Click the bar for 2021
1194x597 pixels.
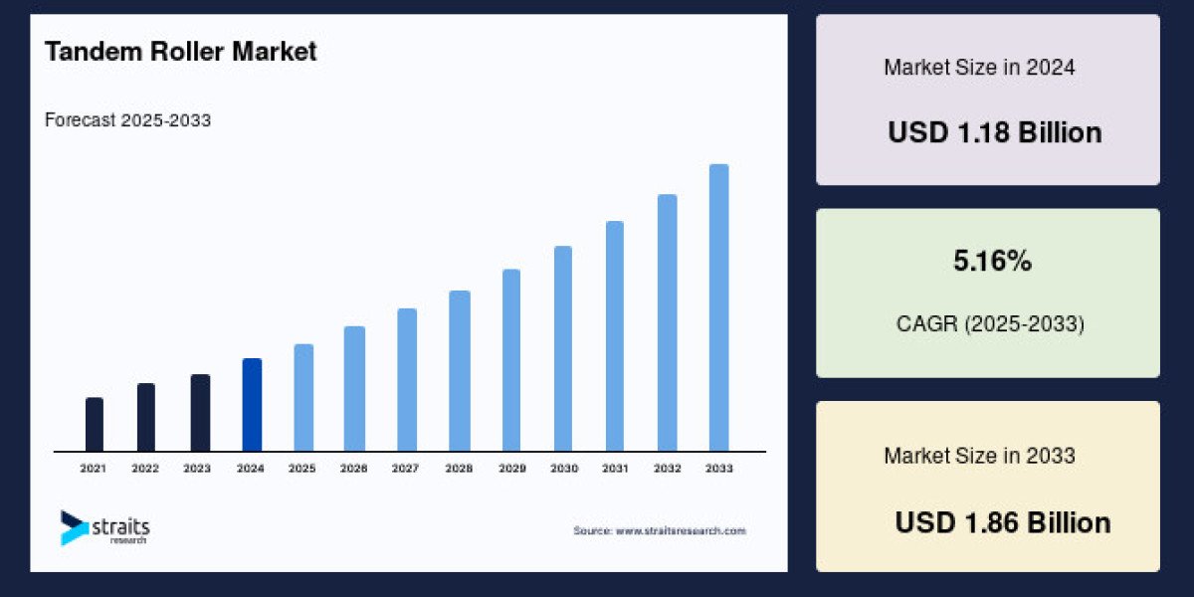95,425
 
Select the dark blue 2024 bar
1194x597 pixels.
252,405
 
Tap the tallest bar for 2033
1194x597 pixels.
718,307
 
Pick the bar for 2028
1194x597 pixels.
459,371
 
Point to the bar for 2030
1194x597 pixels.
563,348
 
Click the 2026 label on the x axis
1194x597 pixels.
354,468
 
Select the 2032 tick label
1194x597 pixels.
667,468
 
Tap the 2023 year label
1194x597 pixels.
198,468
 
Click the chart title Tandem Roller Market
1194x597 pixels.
180,53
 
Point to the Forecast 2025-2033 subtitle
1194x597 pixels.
127,120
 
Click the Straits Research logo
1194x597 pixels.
104,527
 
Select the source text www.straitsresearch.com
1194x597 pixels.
659,531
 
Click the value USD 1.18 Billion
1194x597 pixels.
994,132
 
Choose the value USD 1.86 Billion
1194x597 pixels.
1002,522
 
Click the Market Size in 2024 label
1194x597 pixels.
979,68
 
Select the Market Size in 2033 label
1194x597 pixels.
979,456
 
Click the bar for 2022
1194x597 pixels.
146,417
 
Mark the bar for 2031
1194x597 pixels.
615,336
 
